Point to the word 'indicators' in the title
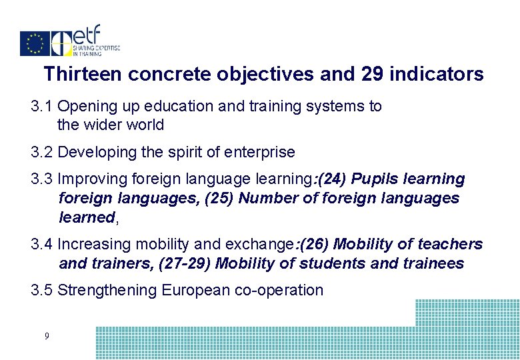pos(437,74)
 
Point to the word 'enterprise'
pos(261,152)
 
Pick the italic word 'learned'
pos(87,217)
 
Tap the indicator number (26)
pos(317,245)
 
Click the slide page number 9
pos(46,337)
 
